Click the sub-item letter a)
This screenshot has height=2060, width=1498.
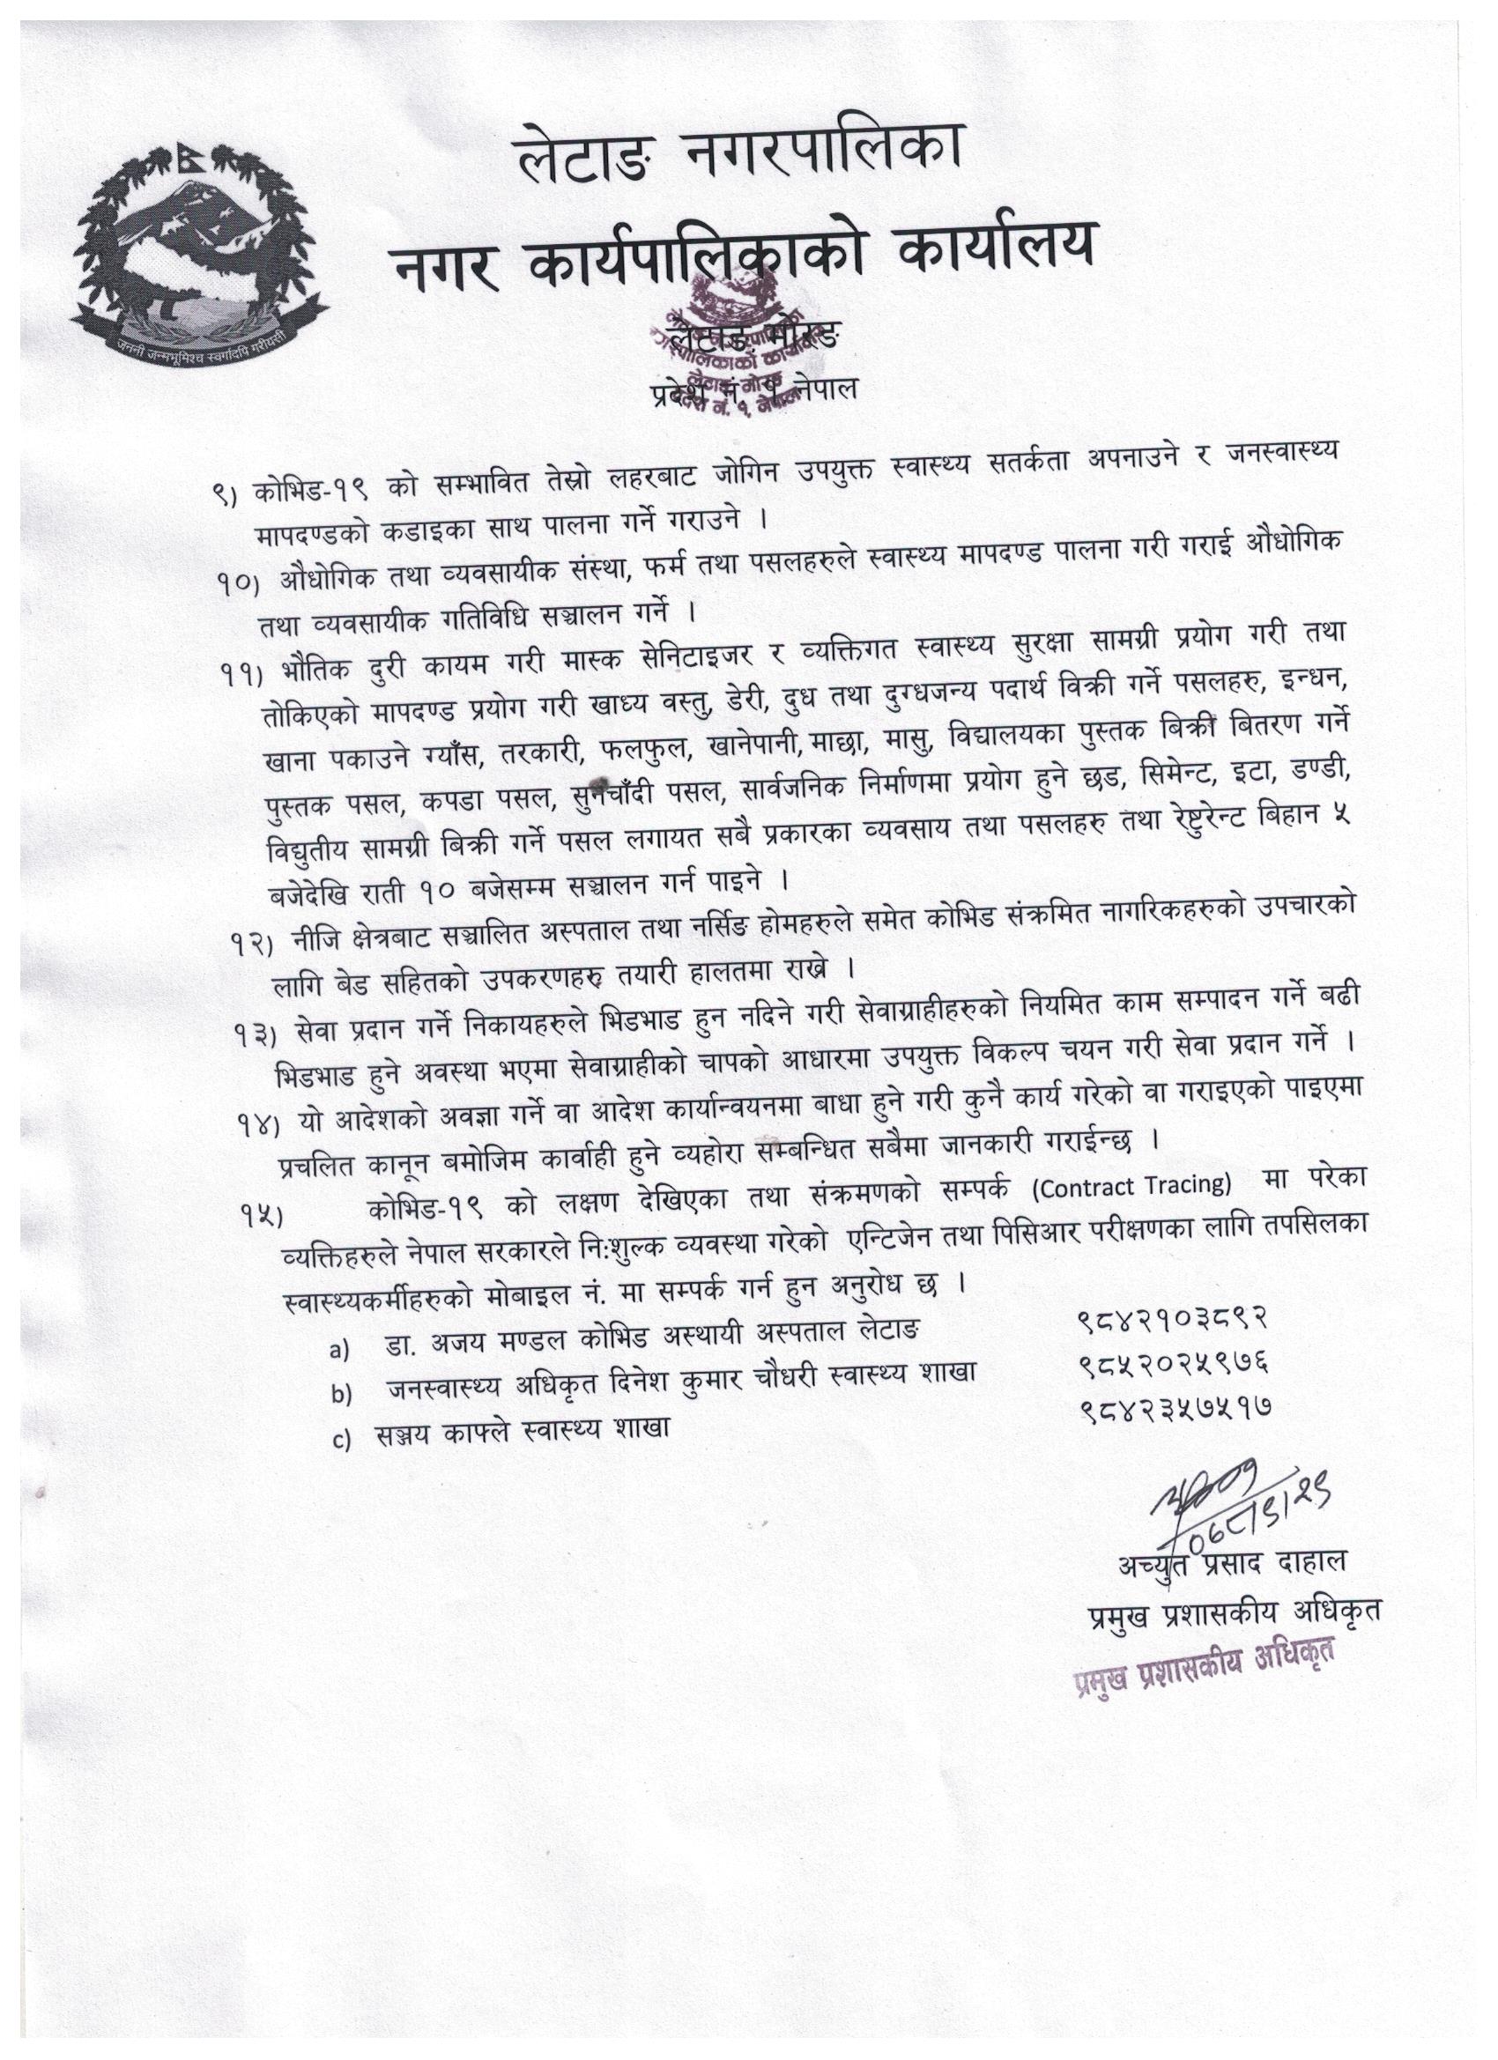339,1350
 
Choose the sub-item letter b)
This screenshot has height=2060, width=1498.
340,1395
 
